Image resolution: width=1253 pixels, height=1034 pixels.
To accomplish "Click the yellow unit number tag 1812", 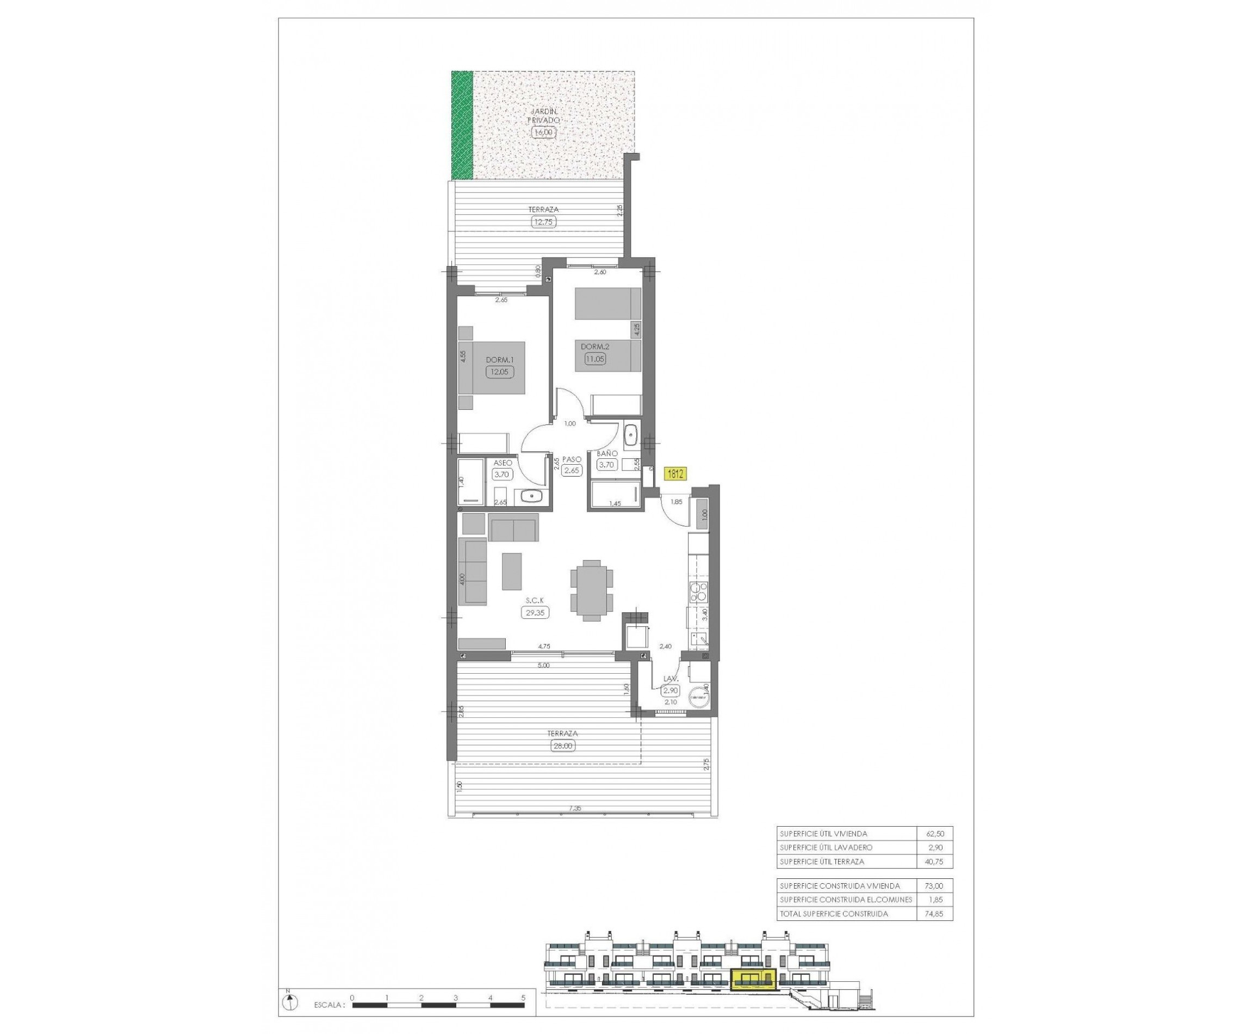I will tap(675, 474).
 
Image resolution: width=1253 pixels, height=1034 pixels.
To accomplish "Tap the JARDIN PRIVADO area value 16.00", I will tap(542, 132).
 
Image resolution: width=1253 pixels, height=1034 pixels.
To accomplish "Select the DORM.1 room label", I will tap(499, 360).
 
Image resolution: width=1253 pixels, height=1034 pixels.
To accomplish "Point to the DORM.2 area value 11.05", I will tap(594, 359).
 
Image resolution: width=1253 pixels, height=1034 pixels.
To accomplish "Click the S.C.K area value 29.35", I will tap(535, 612).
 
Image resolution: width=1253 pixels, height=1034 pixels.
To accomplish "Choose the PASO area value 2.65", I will tap(572, 470).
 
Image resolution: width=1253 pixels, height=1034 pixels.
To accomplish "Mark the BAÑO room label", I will tap(606, 453).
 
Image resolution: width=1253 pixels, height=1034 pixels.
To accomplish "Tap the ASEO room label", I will tap(503, 463).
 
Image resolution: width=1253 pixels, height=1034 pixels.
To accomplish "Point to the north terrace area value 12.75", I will tap(543, 222).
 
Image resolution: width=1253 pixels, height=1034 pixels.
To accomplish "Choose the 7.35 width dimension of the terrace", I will tap(574, 808).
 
